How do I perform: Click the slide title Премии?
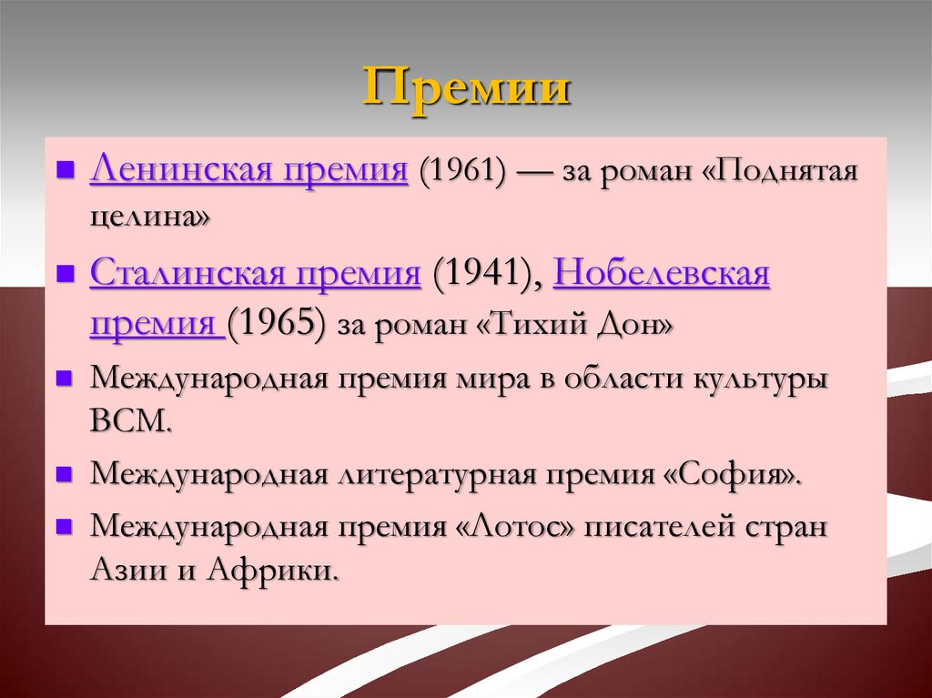pos(467,92)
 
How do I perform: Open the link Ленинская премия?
pos(248,170)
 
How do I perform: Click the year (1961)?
pos(461,171)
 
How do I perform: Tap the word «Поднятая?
pos(783,171)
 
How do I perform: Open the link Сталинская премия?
pos(256,273)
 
